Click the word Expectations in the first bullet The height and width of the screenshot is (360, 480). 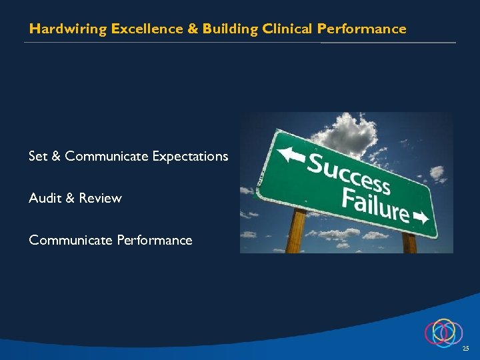190,156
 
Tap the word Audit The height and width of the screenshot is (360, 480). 45,198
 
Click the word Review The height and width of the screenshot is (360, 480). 100,198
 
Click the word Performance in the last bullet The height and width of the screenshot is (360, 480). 155,240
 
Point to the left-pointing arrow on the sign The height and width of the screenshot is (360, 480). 291,154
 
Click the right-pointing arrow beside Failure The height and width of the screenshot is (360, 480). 421,218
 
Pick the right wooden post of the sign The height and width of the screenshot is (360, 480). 409,243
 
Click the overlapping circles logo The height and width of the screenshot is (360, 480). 443,332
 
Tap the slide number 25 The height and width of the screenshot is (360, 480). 465,349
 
